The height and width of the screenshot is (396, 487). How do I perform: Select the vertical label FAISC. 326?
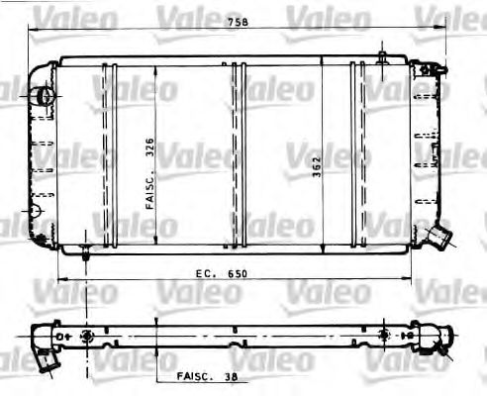click(x=147, y=173)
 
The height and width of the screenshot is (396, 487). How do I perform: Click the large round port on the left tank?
click(x=43, y=96)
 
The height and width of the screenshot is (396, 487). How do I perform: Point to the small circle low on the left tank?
click(x=37, y=210)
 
